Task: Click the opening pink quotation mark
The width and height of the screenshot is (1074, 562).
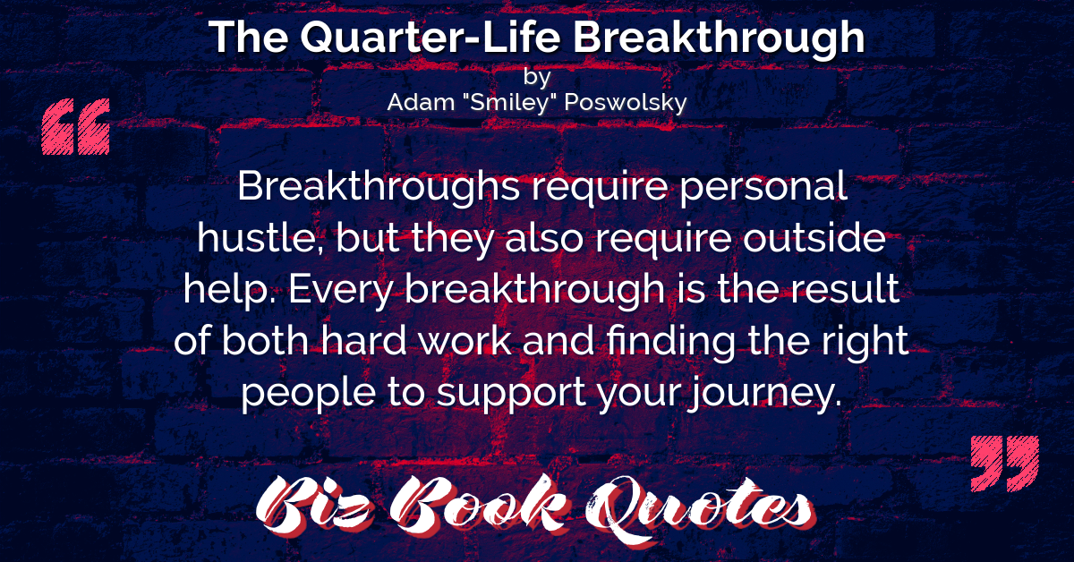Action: click(x=76, y=126)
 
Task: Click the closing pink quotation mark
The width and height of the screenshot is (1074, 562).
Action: click(x=1005, y=464)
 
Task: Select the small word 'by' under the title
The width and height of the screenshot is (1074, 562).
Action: click(x=537, y=77)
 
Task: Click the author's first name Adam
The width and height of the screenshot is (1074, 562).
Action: click(x=421, y=102)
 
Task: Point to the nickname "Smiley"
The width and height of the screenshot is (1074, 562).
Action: click(x=511, y=103)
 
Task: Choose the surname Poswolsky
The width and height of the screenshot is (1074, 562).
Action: click(x=626, y=103)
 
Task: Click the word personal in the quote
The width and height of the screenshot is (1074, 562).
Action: click(x=763, y=188)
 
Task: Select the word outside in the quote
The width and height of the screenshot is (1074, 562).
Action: click(x=814, y=237)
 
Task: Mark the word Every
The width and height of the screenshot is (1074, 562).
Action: click(x=341, y=291)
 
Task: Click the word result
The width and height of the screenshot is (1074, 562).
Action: click(x=845, y=289)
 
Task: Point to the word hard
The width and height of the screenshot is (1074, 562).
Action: click(x=364, y=340)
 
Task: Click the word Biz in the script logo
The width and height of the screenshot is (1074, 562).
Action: click(x=314, y=507)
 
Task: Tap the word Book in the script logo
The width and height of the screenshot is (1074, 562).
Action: click(x=480, y=505)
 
